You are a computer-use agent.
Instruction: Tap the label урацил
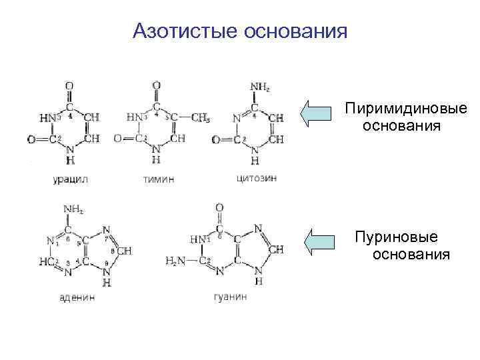[x=70, y=179]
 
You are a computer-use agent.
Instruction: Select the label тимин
[x=159, y=179]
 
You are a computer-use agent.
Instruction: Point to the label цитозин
[x=256, y=178]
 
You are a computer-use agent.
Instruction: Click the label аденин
[x=77, y=297]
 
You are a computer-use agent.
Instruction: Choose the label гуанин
[x=230, y=297]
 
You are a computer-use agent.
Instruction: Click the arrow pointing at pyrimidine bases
[x=316, y=113]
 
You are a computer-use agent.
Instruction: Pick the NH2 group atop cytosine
[x=259, y=86]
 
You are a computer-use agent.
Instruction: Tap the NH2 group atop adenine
[x=73, y=209]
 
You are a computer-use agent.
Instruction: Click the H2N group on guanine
[x=176, y=260]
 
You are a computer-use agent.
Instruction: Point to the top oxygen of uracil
[x=69, y=85]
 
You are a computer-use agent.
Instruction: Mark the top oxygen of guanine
[x=220, y=208]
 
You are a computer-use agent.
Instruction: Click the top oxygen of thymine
[x=156, y=85]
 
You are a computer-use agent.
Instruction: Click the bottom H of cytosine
[x=255, y=160]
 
